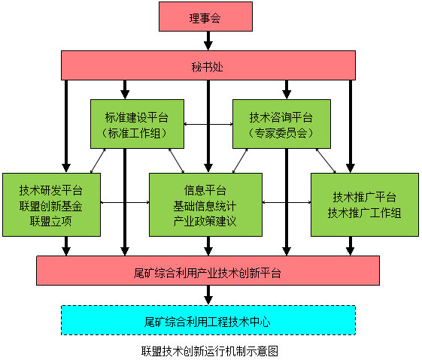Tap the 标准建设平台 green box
(138, 125)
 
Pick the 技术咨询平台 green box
(281, 125)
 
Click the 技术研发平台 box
(52, 204)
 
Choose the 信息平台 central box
(205, 204)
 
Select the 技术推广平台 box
(364, 204)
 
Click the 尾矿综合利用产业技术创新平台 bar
(207, 271)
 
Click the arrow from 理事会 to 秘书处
(205, 44)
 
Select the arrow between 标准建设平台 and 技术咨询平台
(209, 124)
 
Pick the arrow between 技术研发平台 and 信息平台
(125, 202)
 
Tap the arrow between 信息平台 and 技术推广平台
(287, 202)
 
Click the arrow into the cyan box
(208, 295)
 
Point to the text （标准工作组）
(138, 134)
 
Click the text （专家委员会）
(281, 134)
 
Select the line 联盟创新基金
(52, 204)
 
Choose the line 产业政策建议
(205, 221)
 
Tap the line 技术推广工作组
(364, 213)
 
